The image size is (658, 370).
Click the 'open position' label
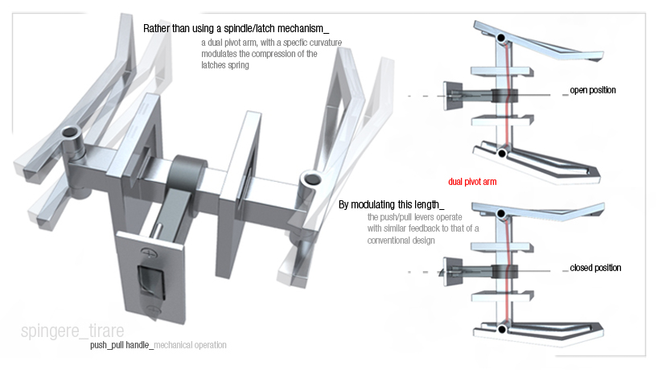coord(593,90)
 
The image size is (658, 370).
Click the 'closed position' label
coord(595,268)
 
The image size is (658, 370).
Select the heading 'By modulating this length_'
coord(392,205)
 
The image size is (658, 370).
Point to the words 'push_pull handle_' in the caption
coord(120,345)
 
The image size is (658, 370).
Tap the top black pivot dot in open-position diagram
coord(502,38)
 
